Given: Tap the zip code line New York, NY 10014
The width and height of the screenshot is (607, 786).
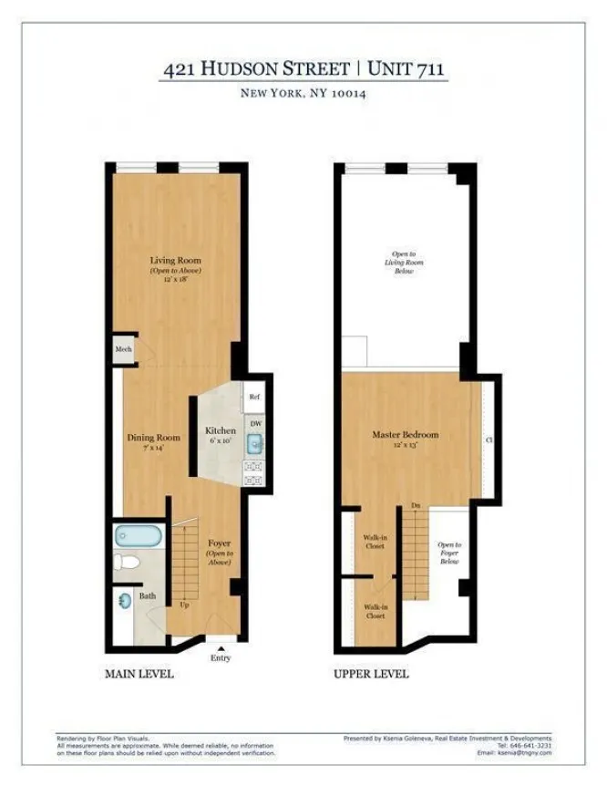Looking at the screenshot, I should coord(303,93).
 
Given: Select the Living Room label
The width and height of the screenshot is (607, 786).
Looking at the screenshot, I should coord(175,261).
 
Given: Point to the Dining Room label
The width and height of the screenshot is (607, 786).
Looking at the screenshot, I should coord(152,438).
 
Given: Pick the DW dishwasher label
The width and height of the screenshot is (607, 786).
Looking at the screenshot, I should coord(255,423).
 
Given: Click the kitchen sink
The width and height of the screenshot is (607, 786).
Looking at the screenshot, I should coord(255,444).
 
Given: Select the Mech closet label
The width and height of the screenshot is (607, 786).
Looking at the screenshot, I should coord(123,349).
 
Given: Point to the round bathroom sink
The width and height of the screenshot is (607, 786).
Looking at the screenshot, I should coord(125,600).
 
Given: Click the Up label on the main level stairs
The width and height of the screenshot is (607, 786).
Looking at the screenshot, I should coord(186,605).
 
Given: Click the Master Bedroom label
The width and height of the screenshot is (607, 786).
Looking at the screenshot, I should coord(405,435).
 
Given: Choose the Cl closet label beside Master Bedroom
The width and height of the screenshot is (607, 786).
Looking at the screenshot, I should coord(489,440).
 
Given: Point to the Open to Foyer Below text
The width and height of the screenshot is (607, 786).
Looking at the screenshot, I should coord(449,553).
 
